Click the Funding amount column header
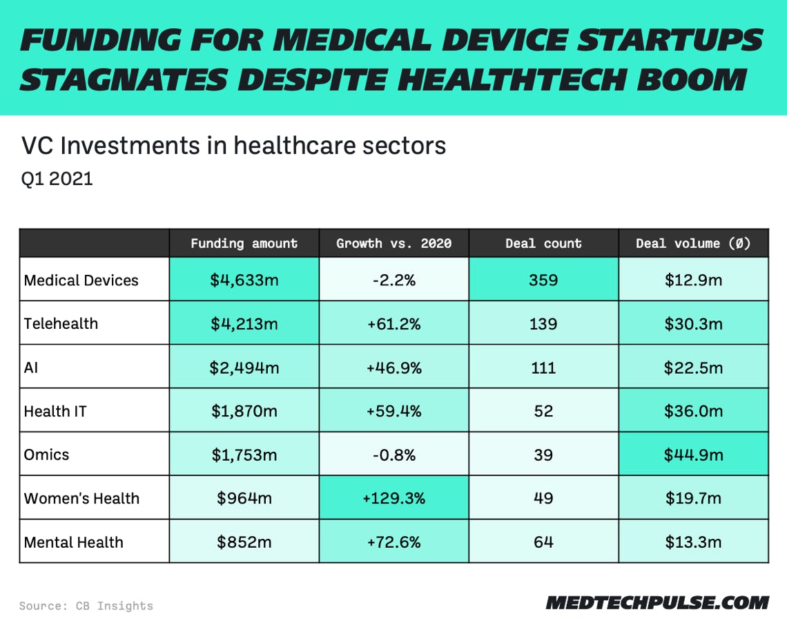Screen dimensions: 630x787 [x=244, y=243]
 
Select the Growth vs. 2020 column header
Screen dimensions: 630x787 [x=393, y=243]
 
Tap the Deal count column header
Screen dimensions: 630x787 [x=543, y=243]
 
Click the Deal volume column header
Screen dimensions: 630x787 [x=693, y=243]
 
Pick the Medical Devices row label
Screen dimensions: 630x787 [x=81, y=280]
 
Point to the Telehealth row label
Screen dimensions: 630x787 [x=61, y=324]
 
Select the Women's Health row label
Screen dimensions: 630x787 [x=81, y=499]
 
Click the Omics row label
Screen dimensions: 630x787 [x=47, y=455]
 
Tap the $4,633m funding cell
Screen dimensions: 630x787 [x=244, y=280]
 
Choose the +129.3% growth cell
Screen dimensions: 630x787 [x=393, y=499]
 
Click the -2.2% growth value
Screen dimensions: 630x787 [x=393, y=280]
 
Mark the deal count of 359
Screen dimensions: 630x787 [x=543, y=280]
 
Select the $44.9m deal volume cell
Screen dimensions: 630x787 [x=693, y=455]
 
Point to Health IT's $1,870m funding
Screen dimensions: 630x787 [x=244, y=412]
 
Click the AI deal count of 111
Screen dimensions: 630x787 [x=543, y=367]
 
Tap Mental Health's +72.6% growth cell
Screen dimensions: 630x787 [x=393, y=542]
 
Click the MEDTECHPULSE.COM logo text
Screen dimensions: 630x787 [x=657, y=602]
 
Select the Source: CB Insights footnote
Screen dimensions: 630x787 [x=86, y=606]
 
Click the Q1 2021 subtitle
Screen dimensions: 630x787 [x=57, y=179]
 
